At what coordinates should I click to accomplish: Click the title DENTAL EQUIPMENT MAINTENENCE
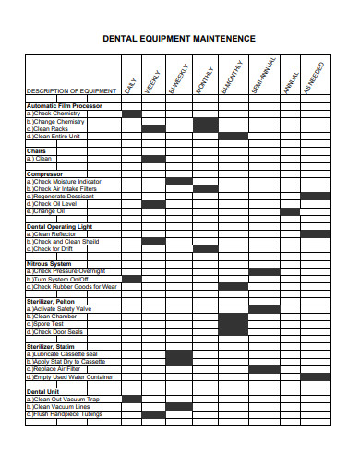tap(179, 39)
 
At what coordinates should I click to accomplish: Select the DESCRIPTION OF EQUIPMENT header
tap(71, 90)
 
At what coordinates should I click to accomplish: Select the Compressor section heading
tap(44, 173)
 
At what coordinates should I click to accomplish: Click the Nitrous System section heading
tap(50, 264)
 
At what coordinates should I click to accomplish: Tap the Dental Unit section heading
tap(42, 391)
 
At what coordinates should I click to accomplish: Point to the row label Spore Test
tap(46, 324)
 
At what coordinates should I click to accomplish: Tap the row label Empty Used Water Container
tap(71, 376)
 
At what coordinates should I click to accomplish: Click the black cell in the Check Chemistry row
tap(132, 114)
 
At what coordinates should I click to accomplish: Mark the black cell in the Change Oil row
tap(290, 211)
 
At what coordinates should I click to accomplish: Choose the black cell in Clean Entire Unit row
tap(233, 137)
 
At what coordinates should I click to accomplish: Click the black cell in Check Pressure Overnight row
tap(263, 271)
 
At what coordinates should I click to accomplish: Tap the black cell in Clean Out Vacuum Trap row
tap(132, 399)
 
